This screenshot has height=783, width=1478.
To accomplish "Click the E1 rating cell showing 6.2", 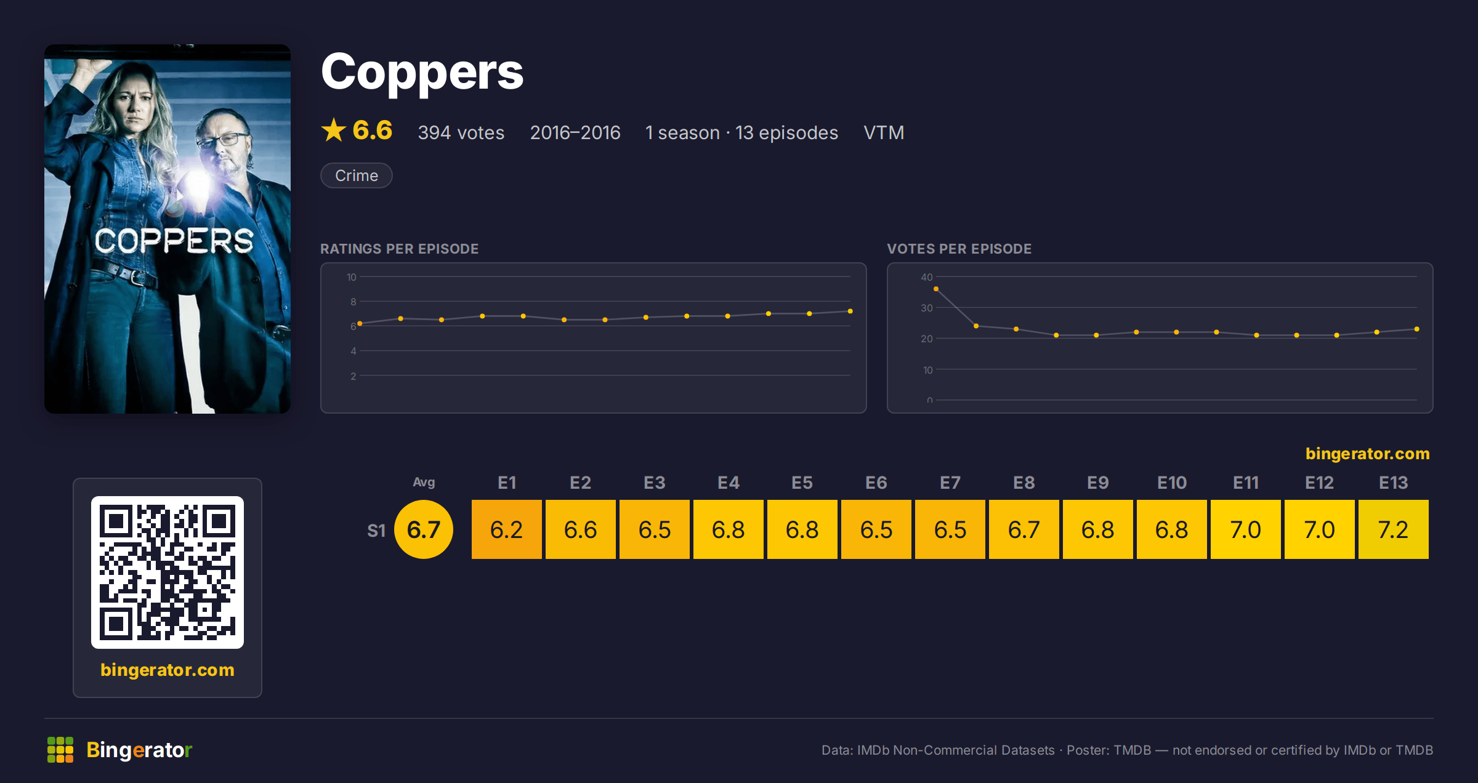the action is point(506,529).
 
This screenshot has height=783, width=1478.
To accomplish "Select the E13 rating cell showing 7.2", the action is point(1393,529).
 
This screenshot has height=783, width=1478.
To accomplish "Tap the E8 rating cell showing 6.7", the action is point(1024,529).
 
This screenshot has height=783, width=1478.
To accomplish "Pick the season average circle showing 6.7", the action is point(424,529).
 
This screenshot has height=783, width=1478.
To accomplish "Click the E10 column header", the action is point(1171,483).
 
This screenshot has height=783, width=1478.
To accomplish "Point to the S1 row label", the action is point(376,531).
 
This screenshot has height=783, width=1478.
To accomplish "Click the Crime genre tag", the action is point(357,175).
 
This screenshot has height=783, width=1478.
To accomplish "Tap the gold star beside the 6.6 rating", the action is point(334,130).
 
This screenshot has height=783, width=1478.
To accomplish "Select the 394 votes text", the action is point(461,132).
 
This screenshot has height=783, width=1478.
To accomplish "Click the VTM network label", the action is point(884,132).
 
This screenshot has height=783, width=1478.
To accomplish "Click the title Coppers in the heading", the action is point(422,72).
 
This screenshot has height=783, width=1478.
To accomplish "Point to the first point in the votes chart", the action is point(936,289).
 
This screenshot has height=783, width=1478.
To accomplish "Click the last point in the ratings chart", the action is point(850,311).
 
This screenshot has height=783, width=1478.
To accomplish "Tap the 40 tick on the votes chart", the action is point(927,277).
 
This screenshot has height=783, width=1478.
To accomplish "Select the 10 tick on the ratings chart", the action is point(351,277).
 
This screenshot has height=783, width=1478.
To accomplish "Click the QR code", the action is point(168,572).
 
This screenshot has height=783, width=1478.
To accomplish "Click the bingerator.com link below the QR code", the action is point(168,670).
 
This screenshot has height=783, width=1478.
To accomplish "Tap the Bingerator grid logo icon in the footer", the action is point(60,750).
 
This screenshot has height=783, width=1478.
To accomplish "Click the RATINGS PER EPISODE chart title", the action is point(399,249).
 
